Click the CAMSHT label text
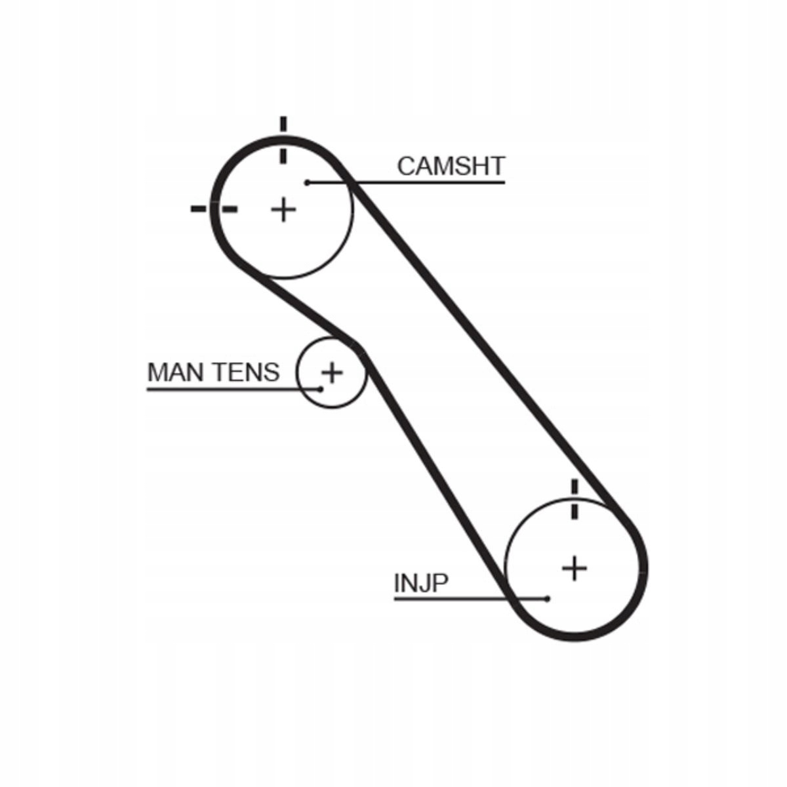coord(451,166)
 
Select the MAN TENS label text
coord(213,372)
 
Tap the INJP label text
coord(421,583)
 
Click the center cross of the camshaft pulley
coord(283,210)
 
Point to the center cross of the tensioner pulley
coord(332,372)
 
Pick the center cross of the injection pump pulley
coord(575,568)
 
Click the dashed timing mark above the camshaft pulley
coord(283,140)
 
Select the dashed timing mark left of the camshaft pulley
coord(214,209)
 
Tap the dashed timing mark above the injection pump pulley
coord(575,500)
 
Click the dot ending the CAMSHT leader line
coord(308,182)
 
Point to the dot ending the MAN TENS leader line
coord(321,390)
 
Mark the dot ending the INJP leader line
coord(548,599)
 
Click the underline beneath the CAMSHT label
coord(407,182)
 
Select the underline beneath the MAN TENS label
coord(233,390)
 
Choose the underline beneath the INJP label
coord(471,599)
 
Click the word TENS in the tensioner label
coord(247,372)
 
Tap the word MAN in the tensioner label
coord(177,372)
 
